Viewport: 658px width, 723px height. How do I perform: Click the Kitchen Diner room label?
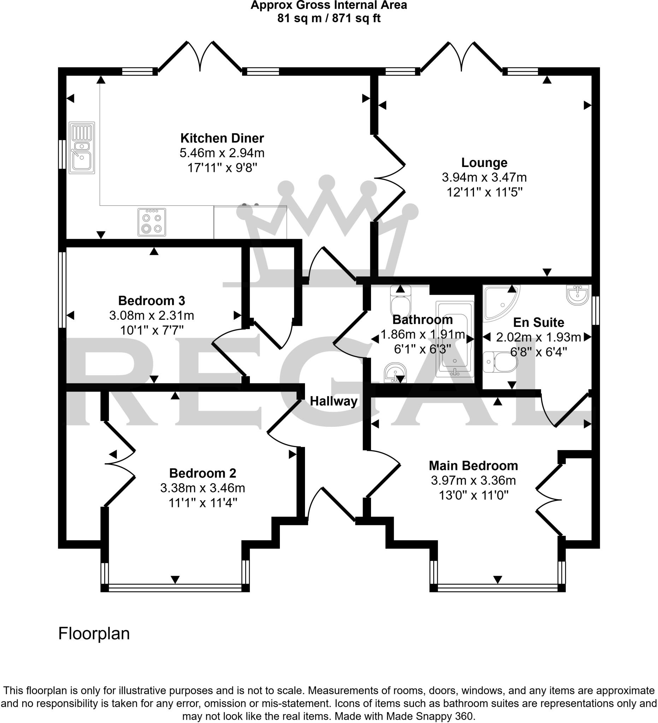click(222, 138)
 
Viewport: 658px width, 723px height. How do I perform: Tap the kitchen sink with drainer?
click(82, 148)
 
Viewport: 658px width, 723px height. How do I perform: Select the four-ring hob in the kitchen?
click(152, 222)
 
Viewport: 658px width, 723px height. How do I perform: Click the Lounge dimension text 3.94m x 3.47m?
click(484, 177)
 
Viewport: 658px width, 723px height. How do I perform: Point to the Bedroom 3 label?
click(152, 300)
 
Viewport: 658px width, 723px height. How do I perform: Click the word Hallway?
click(334, 401)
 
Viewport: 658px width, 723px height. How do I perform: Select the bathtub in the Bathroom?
click(454, 339)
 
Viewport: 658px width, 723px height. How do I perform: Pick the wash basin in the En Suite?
click(577, 295)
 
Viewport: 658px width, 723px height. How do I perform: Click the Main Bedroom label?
click(473, 466)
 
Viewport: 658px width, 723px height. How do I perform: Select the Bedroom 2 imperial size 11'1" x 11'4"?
click(203, 503)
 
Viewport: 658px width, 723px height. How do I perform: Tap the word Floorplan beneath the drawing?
click(94, 634)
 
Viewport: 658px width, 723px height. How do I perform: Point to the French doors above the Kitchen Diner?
click(200, 58)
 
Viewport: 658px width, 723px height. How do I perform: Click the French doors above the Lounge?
click(461, 58)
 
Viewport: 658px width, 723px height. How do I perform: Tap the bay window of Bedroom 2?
click(175, 588)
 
